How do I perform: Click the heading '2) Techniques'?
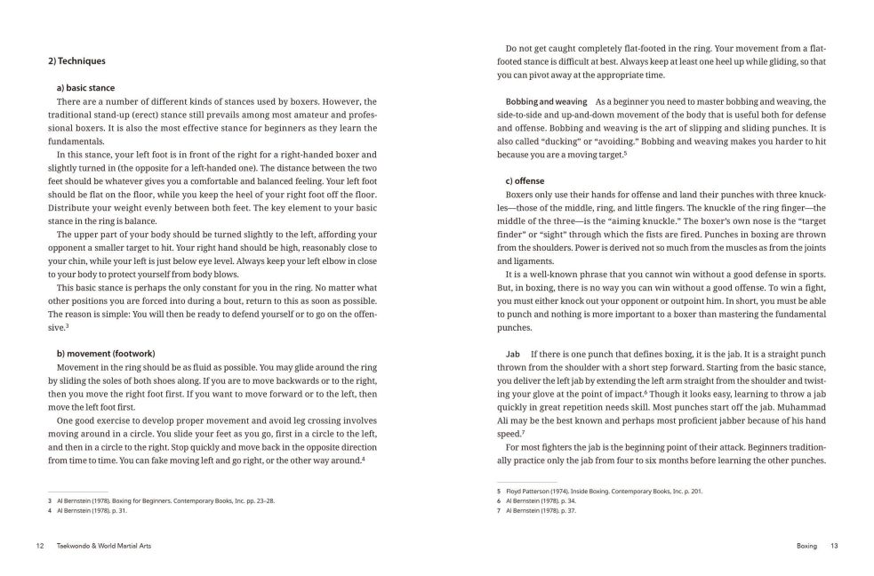pyautogui.click(x=76, y=61)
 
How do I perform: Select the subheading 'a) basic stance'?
pyautogui.click(x=84, y=88)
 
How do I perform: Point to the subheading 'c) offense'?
pyautogui.click(x=525, y=181)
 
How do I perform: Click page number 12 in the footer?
pyautogui.click(x=40, y=545)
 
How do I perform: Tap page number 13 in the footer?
pyautogui.click(x=834, y=545)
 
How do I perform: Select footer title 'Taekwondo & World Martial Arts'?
pyautogui.click(x=103, y=545)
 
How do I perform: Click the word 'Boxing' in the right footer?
pyautogui.click(x=806, y=545)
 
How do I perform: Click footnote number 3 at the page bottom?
pyautogui.click(x=50, y=500)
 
